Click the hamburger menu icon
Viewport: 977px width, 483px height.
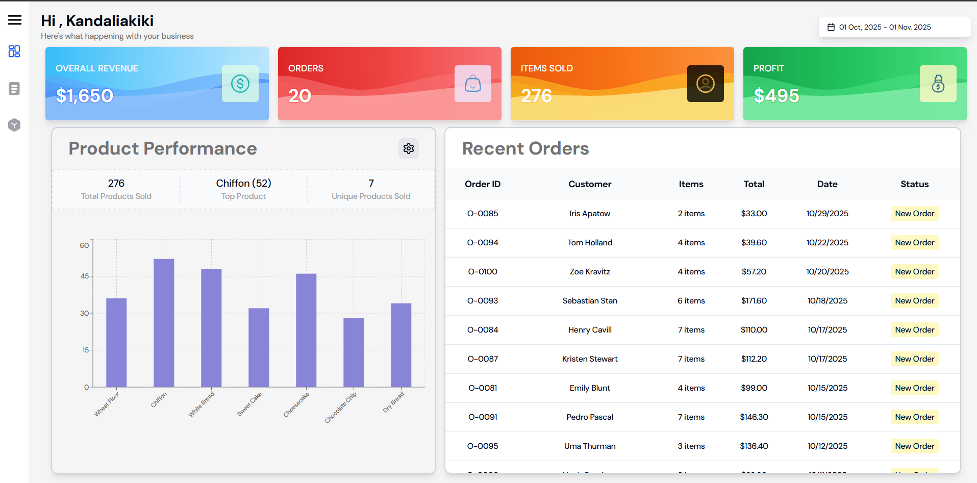[x=15, y=20]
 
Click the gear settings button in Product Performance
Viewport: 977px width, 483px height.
[x=408, y=148]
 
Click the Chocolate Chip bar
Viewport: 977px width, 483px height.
[x=354, y=352]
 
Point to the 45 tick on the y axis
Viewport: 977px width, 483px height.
[x=85, y=276]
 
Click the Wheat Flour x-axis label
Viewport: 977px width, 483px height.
[x=107, y=404]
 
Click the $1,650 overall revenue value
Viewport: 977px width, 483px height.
[x=84, y=95]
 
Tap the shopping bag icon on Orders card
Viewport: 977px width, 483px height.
[x=472, y=84]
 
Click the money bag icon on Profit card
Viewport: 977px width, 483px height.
[x=938, y=84]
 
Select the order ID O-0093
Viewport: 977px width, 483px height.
[x=483, y=301]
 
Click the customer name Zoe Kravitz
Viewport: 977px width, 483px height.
[x=590, y=272]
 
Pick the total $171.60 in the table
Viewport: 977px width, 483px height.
[x=754, y=301]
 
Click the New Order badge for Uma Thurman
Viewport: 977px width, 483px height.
[x=914, y=446]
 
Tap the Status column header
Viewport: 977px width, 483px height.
[x=914, y=184]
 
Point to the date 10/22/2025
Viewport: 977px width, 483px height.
[x=827, y=243]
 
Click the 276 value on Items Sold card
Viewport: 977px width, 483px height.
[x=536, y=95]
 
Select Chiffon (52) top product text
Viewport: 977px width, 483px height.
[x=243, y=183]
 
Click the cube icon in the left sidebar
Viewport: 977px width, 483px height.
[x=14, y=125]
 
